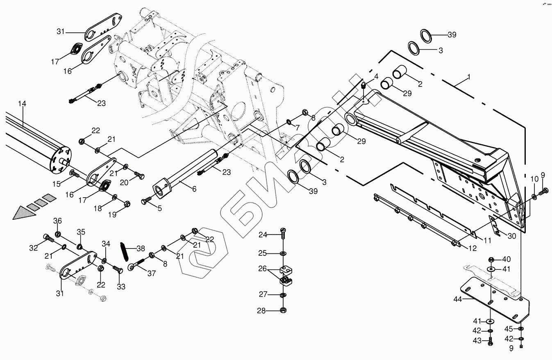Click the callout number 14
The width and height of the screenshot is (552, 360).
click(x=22, y=104)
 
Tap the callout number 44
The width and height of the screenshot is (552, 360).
click(x=457, y=300)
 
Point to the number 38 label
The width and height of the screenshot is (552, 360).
click(x=141, y=248)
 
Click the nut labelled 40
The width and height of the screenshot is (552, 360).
click(x=491, y=260)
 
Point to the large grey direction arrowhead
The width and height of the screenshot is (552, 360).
click(x=23, y=213)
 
